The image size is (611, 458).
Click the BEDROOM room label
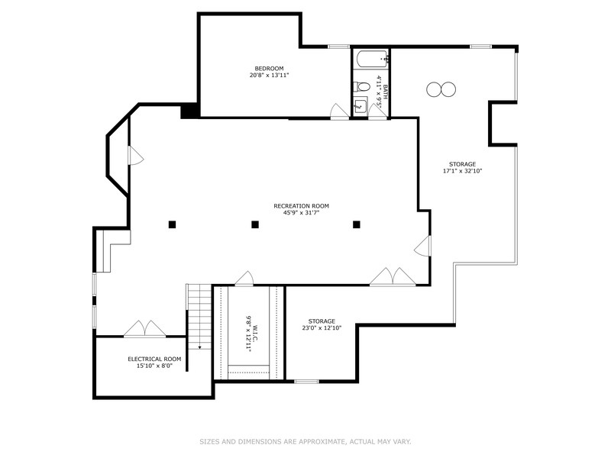pos(270,68)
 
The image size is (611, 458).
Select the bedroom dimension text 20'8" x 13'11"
pos(270,76)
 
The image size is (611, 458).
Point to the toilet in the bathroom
pos(362,86)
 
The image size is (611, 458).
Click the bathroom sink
pos(361,106)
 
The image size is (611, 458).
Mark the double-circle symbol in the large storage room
pos(441,89)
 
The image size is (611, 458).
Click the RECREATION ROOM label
pos(301,205)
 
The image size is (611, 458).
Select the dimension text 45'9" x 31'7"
pos(301,213)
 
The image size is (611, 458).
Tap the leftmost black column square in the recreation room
pos(173,224)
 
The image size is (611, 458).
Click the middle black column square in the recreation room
pos(255,224)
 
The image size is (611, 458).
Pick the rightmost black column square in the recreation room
pos(356,224)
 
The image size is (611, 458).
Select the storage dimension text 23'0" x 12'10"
pos(322,328)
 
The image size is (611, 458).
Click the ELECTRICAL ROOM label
pos(154,359)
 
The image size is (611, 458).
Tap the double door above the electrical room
pos(144,329)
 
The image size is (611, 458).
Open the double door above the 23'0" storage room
pos(393,278)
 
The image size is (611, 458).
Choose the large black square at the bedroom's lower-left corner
pos(189,111)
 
